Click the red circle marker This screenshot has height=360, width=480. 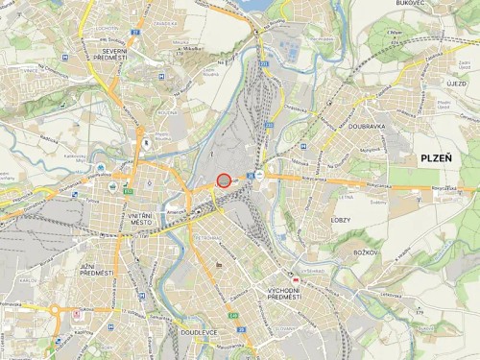(x=224, y=180)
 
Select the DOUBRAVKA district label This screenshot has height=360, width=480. (x=367, y=125)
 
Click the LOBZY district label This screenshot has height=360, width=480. (x=342, y=220)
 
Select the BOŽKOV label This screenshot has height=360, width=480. (x=366, y=252)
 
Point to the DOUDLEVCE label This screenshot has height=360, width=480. (x=198, y=332)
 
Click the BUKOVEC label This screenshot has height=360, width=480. (x=409, y=4)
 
